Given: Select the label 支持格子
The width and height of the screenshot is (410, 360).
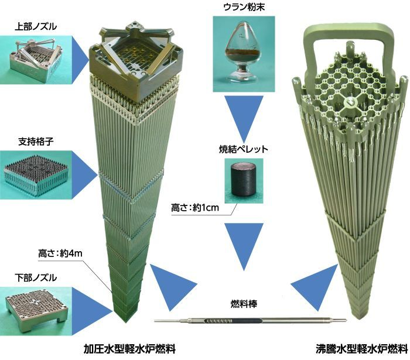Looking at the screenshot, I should coord(35,142).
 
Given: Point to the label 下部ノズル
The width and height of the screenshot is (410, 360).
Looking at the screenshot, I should coord(35,275).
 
